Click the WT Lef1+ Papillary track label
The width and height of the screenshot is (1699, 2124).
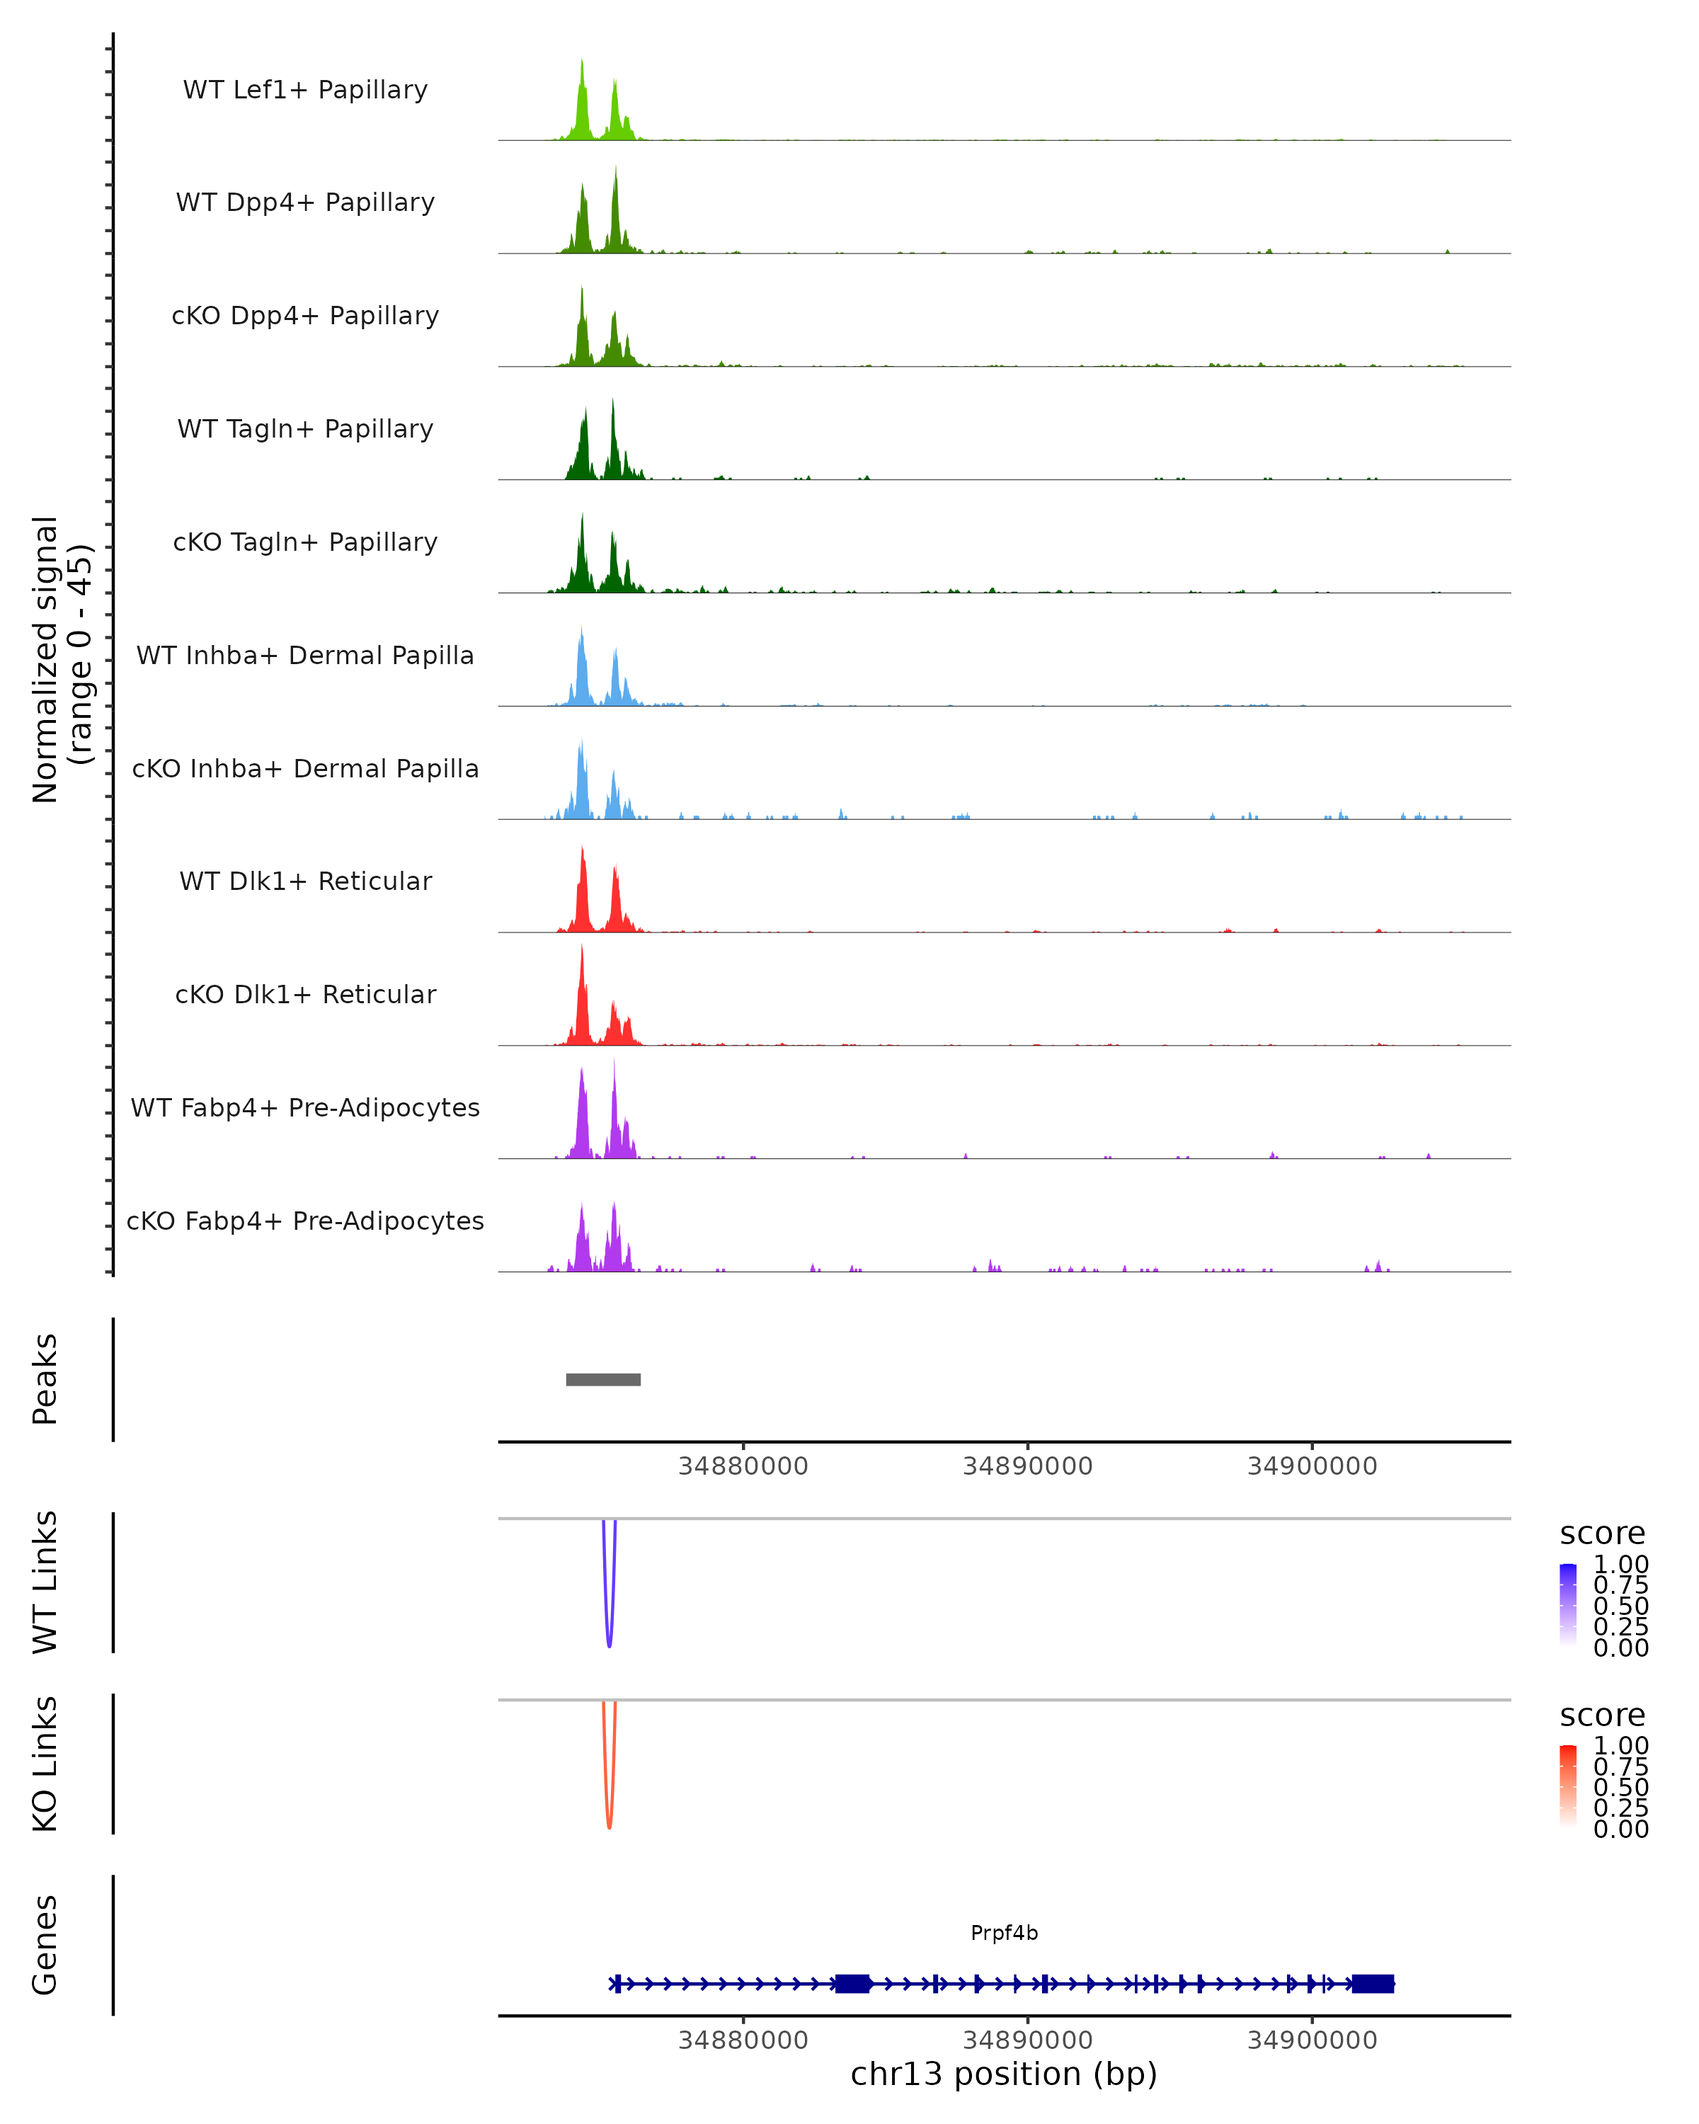point(305,90)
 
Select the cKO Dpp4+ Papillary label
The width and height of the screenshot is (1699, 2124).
point(305,315)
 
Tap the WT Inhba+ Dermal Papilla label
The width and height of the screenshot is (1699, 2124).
point(305,655)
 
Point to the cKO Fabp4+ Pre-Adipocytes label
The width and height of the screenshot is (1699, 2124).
point(305,1221)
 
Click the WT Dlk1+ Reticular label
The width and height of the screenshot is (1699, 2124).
point(305,881)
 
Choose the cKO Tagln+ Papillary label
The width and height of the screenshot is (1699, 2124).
point(305,542)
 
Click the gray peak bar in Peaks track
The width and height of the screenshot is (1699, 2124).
point(602,1379)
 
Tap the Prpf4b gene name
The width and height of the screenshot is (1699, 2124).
point(1004,1933)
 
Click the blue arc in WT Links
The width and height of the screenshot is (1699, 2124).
point(609,1635)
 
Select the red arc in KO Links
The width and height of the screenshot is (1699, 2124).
point(609,1817)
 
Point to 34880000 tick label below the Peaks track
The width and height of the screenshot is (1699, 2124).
point(743,1466)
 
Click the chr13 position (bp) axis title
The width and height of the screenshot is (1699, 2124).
point(1004,2074)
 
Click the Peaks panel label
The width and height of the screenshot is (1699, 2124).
point(45,1379)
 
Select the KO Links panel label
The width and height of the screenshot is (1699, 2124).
point(45,1764)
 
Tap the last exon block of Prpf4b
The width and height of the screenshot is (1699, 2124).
point(1372,1983)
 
